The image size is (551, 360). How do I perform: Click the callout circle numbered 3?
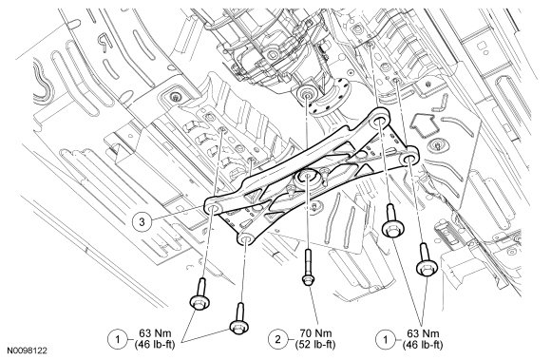[x=142, y=222]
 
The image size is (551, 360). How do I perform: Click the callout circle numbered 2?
[x=278, y=339]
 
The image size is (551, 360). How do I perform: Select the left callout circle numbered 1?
[x=117, y=339]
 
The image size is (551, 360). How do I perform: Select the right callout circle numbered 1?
[x=386, y=339]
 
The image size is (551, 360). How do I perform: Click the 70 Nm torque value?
[x=316, y=333]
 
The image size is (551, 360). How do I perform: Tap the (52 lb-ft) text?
[x=316, y=345]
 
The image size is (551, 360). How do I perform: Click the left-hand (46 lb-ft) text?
[x=155, y=345]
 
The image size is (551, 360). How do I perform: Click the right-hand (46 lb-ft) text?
[x=423, y=345]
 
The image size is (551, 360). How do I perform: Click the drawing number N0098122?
[x=28, y=351]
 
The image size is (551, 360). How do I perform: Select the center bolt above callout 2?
[x=308, y=268]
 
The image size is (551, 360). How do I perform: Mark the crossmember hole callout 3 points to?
[x=214, y=209]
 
